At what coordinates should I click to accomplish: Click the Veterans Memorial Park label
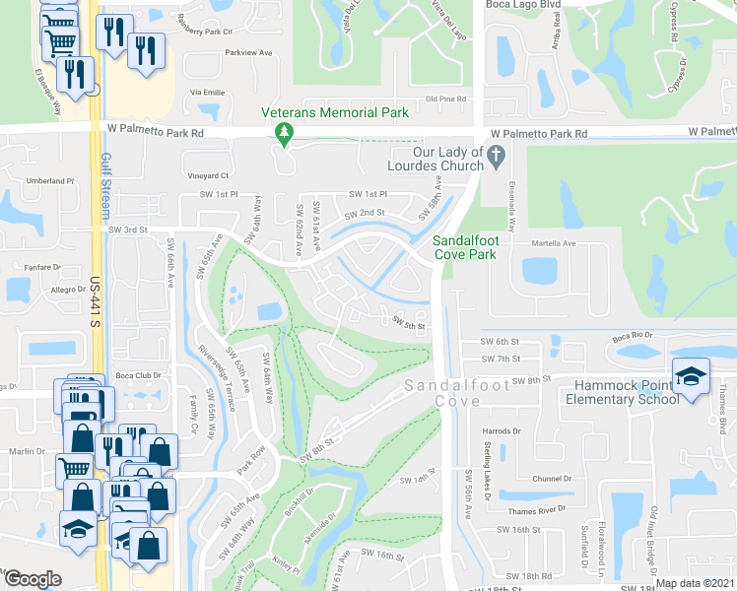click(x=335, y=113)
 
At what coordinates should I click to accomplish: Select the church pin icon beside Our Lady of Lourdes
click(x=497, y=154)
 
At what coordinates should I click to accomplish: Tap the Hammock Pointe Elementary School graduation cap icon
click(x=691, y=377)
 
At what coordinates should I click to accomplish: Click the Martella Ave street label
click(x=553, y=243)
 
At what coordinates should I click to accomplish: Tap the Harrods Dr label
click(x=502, y=431)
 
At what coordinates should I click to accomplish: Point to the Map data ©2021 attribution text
click(x=695, y=583)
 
